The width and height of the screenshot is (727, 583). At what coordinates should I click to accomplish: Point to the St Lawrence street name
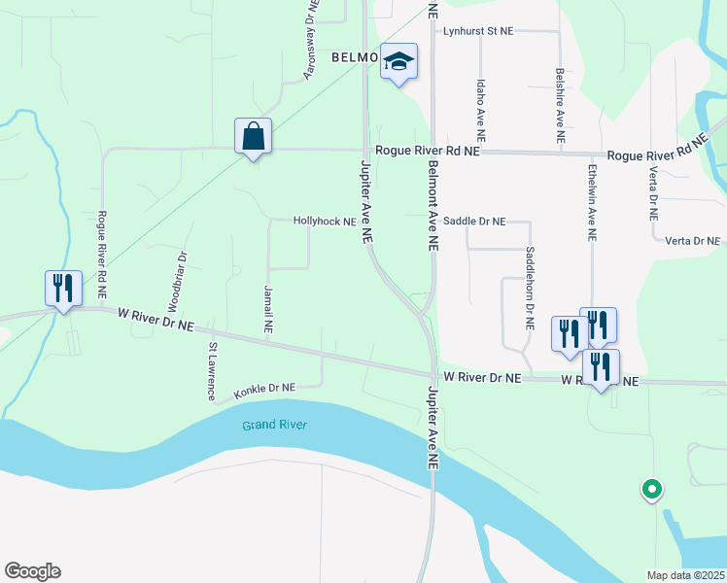tap(211, 371)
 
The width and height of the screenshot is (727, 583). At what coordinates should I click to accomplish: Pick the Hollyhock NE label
tap(325, 222)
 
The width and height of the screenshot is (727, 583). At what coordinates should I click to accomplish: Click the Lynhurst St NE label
tap(477, 31)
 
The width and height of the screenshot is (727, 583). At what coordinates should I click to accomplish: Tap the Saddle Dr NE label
tap(474, 222)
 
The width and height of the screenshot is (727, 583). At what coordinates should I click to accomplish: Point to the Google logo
tap(32, 571)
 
